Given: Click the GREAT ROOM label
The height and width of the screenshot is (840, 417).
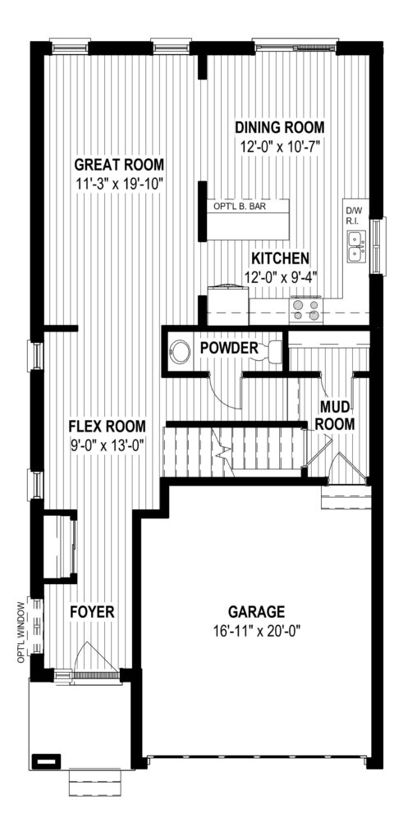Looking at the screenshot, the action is (119, 164).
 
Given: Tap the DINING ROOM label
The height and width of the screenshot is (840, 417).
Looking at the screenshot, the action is (280, 127).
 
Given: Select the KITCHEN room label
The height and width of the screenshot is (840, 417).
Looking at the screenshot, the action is (280, 258).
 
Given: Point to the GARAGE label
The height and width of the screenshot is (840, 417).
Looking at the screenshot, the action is (256, 612).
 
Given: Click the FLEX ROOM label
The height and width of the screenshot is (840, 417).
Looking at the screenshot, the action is (108, 427).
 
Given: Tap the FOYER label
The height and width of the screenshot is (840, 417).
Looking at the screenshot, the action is (93, 612).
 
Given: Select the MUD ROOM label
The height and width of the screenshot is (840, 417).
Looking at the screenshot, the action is (334, 414).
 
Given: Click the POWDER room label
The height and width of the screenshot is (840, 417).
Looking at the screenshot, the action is (229, 348).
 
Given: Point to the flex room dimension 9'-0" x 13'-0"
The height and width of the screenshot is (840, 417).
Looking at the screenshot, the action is (108, 445).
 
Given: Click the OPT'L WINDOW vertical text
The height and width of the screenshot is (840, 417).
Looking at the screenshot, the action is (21, 632).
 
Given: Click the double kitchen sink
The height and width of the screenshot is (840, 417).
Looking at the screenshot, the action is (356, 246).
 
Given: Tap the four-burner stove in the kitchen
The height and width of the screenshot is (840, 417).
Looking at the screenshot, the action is (306, 310).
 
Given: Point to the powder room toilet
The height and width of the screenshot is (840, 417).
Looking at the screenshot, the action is (271, 350).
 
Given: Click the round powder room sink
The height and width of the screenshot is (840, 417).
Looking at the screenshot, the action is (179, 352).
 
